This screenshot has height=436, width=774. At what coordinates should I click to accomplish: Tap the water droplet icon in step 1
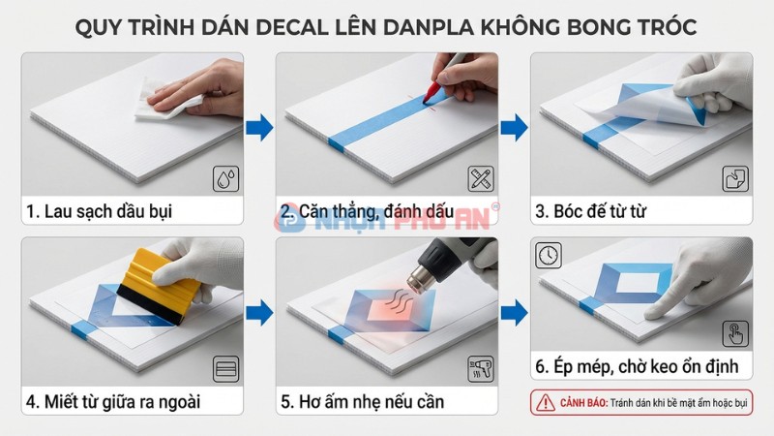coord(226,178)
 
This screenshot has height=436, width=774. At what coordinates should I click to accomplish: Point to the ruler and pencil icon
coord(481,178)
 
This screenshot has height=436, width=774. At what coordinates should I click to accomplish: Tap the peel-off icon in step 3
coord(735,178)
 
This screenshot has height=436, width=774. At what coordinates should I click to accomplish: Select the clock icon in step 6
coord(548,255)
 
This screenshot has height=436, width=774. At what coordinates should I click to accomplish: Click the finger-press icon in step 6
coord(735,330)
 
